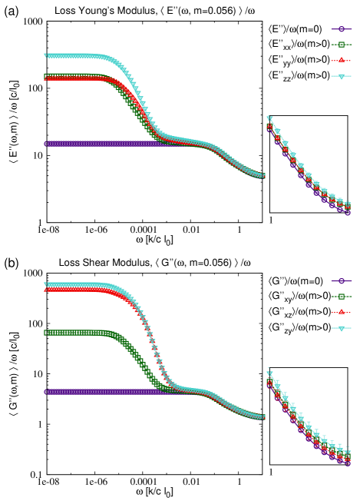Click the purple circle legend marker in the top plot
tap(341, 28)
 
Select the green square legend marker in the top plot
tap(341, 45)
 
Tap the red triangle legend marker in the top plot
tap(341, 60)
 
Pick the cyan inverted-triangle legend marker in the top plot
tap(341, 76)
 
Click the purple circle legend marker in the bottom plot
tap(341, 281)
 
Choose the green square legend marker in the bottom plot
tap(341, 297)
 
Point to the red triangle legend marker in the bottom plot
tap(341, 312)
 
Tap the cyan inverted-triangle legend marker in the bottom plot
tap(341, 328)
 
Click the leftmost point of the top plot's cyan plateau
tap(46, 55)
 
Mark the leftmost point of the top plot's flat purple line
tap(46, 144)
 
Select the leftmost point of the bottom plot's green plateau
tap(46, 333)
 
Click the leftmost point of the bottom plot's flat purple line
tap(46, 392)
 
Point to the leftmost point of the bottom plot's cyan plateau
tap(46, 285)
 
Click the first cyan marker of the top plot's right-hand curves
tap(269, 118)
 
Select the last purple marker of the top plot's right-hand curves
tap(348, 213)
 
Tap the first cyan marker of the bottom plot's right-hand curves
tap(269, 374)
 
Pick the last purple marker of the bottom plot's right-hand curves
tap(348, 463)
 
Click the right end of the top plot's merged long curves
tap(263, 176)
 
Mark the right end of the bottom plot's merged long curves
tap(263, 417)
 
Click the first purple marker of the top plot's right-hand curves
tap(269, 129)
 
